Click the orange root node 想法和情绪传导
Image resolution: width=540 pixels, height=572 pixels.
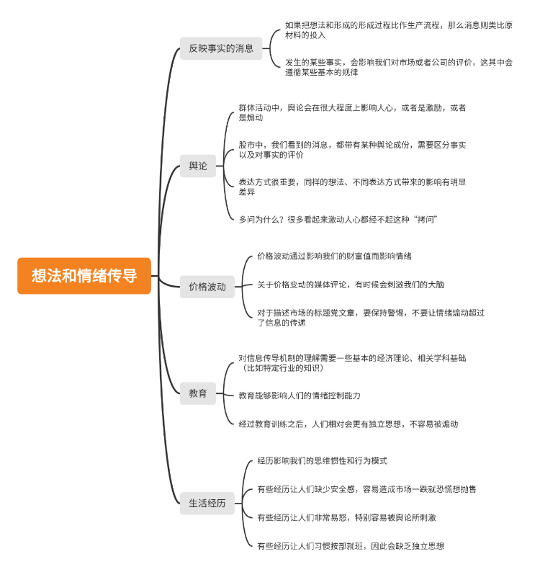tap(84, 276)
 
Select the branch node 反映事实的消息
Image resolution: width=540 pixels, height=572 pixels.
tap(221, 48)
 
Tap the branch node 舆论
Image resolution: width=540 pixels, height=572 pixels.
tap(198, 166)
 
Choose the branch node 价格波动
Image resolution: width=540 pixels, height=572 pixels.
tap(207, 286)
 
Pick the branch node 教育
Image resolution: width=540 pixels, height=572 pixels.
tap(198, 393)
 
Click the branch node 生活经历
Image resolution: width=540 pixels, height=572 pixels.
tap(207, 504)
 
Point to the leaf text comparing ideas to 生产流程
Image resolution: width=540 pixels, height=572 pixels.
tap(398, 30)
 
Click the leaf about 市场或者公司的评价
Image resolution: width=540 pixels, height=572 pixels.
tap(398, 67)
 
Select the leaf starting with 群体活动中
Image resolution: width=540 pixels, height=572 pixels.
tap(352, 112)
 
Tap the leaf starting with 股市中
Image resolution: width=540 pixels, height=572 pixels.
tap(352, 150)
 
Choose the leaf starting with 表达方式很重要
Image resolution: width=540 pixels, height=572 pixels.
tap(352, 187)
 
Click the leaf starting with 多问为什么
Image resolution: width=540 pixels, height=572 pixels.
tap(338, 219)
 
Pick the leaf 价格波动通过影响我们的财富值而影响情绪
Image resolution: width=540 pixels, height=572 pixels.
tap(334, 256)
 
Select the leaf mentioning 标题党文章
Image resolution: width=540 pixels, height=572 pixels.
tap(370, 318)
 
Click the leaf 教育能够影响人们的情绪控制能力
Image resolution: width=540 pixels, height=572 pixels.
tap(300, 396)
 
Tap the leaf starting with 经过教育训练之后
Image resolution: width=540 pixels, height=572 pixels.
tap(348, 424)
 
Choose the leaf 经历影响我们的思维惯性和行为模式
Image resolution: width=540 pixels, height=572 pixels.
tap(322, 460)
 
